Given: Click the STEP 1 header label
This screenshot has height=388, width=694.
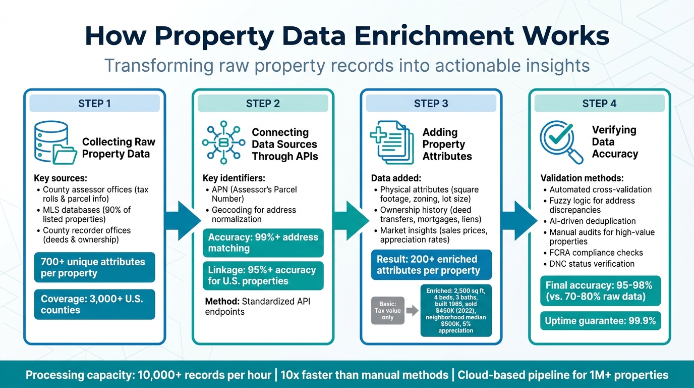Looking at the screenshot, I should pyautogui.click(x=94, y=104).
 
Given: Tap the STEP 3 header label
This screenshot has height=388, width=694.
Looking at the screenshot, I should pyautogui.click(x=431, y=104).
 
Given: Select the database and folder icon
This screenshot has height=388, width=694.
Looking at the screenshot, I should pyautogui.click(x=53, y=142).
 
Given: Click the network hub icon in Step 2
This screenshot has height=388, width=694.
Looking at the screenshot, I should pyautogui.click(x=222, y=142).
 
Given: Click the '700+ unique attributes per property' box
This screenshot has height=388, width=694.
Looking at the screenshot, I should pyautogui.click(x=94, y=267).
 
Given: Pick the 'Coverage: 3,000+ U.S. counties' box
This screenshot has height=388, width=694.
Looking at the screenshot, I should pyautogui.click(x=94, y=304).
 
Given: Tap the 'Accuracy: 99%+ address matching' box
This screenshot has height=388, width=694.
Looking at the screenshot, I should pyautogui.click(x=263, y=243).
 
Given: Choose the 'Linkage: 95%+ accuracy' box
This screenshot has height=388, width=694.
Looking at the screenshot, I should pyautogui.click(x=263, y=275).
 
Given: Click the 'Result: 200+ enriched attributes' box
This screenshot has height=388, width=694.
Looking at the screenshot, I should pyautogui.click(x=431, y=265).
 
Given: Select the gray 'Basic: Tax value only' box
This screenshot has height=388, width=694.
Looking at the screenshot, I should pyautogui.click(x=387, y=311).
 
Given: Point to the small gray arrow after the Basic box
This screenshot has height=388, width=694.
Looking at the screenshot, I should pyautogui.click(x=412, y=311).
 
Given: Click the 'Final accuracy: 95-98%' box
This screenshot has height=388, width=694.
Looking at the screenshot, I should pyautogui.click(x=600, y=291).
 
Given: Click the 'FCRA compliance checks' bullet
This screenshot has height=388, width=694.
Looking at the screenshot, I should pyautogui.click(x=596, y=253).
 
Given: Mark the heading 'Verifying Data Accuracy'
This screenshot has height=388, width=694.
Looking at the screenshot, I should pyautogui.click(x=614, y=141).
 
